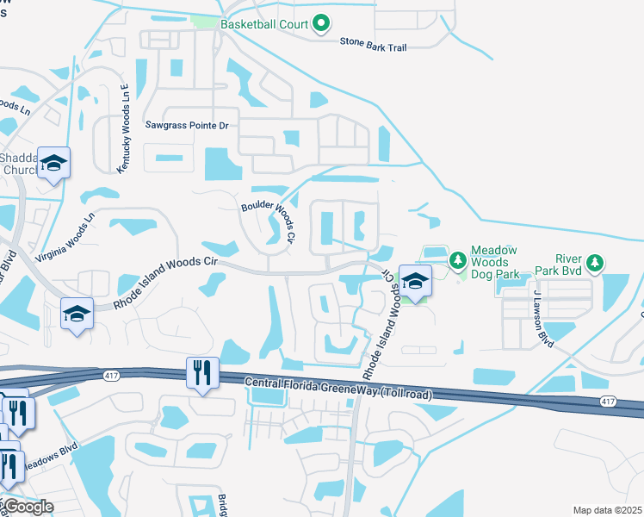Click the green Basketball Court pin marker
coord(321,23)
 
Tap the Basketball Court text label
coord(263,24)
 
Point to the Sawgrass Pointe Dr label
coord(187,126)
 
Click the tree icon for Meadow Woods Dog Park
coord(457,259)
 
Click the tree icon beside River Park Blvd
coord(593,261)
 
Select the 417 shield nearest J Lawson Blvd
coord(609,402)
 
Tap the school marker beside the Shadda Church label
coord(53,163)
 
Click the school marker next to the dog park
coord(414,283)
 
